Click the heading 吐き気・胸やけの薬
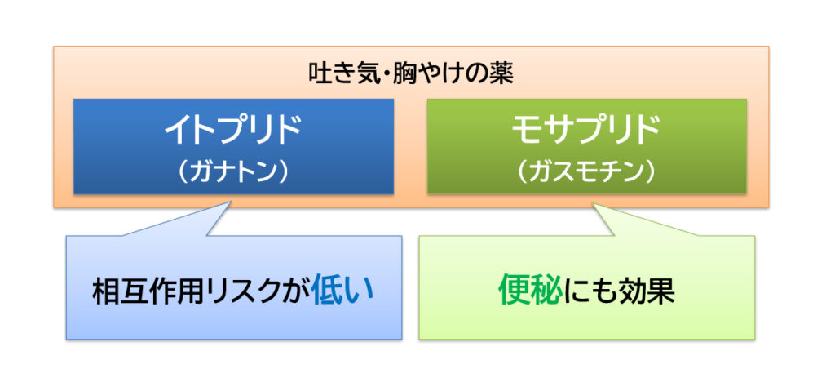(411, 74)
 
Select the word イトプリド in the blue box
(232, 131)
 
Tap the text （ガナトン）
(232, 172)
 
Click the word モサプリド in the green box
(586, 131)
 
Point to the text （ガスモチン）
(586, 172)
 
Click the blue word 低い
(342, 291)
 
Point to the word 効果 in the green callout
(647, 291)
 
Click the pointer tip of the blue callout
(232, 201)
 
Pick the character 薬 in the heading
(501, 74)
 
